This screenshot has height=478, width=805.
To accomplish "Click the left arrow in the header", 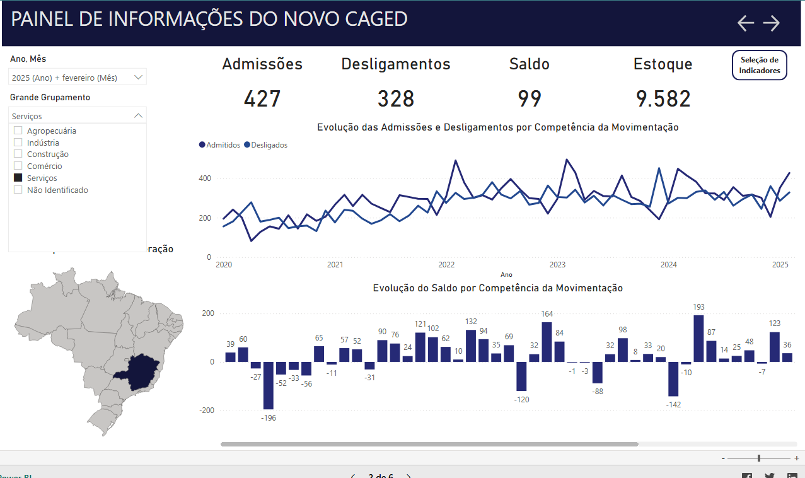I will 746,23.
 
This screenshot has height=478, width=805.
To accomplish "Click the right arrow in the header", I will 772,23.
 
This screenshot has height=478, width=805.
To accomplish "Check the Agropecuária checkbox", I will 18,131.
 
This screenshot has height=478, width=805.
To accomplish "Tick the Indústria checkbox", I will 18,143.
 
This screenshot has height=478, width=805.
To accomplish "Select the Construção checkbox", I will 18,154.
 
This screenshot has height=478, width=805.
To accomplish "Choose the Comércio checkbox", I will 18,166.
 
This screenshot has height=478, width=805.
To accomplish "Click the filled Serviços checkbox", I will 18,178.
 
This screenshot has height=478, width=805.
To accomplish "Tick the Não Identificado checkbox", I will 18,190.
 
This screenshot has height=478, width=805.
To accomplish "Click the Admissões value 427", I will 262,99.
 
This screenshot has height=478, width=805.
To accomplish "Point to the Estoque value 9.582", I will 663,99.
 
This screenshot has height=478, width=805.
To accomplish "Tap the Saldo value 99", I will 530,99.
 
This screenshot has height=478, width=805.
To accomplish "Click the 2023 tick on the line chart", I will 557,265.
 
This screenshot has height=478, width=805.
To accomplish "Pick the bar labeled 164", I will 547,342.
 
